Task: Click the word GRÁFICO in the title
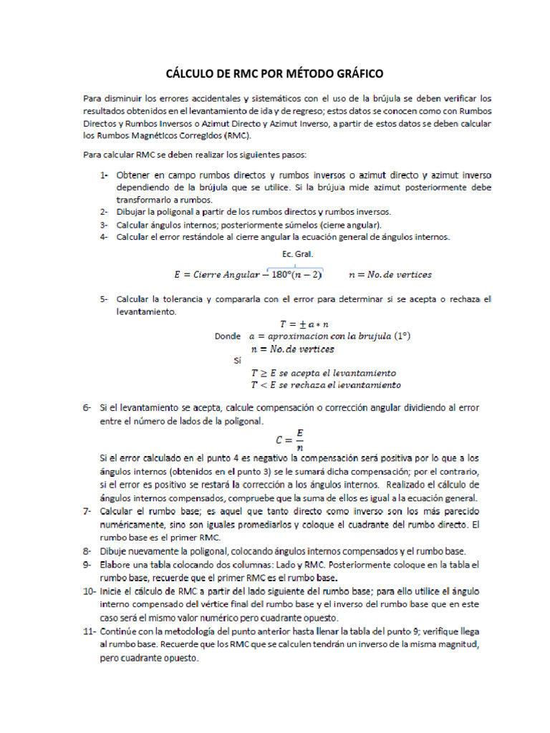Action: (356, 74)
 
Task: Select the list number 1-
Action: (104, 175)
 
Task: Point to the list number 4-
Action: (104, 237)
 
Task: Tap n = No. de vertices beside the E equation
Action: (390, 274)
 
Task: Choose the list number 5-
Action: (104, 298)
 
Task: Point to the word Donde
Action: (228, 336)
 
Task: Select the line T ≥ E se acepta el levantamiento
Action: (323, 373)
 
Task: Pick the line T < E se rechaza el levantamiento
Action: (325, 385)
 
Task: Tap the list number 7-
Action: (87, 511)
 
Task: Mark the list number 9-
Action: (87, 564)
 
